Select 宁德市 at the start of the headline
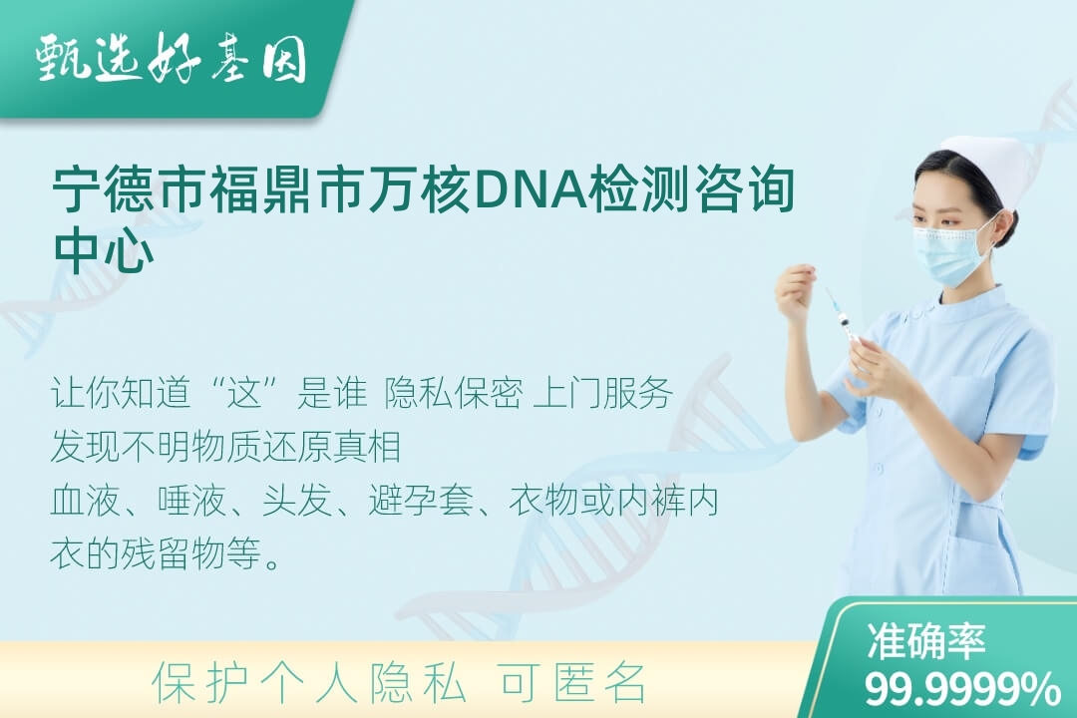(x=131, y=188)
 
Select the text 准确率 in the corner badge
(x=925, y=640)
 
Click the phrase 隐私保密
(x=454, y=393)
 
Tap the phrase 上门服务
(x=603, y=393)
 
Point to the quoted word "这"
(x=245, y=393)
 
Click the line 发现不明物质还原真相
(x=226, y=447)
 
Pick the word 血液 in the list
(x=85, y=501)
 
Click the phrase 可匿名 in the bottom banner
(x=572, y=682)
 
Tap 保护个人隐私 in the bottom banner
(x=309, y=682)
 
